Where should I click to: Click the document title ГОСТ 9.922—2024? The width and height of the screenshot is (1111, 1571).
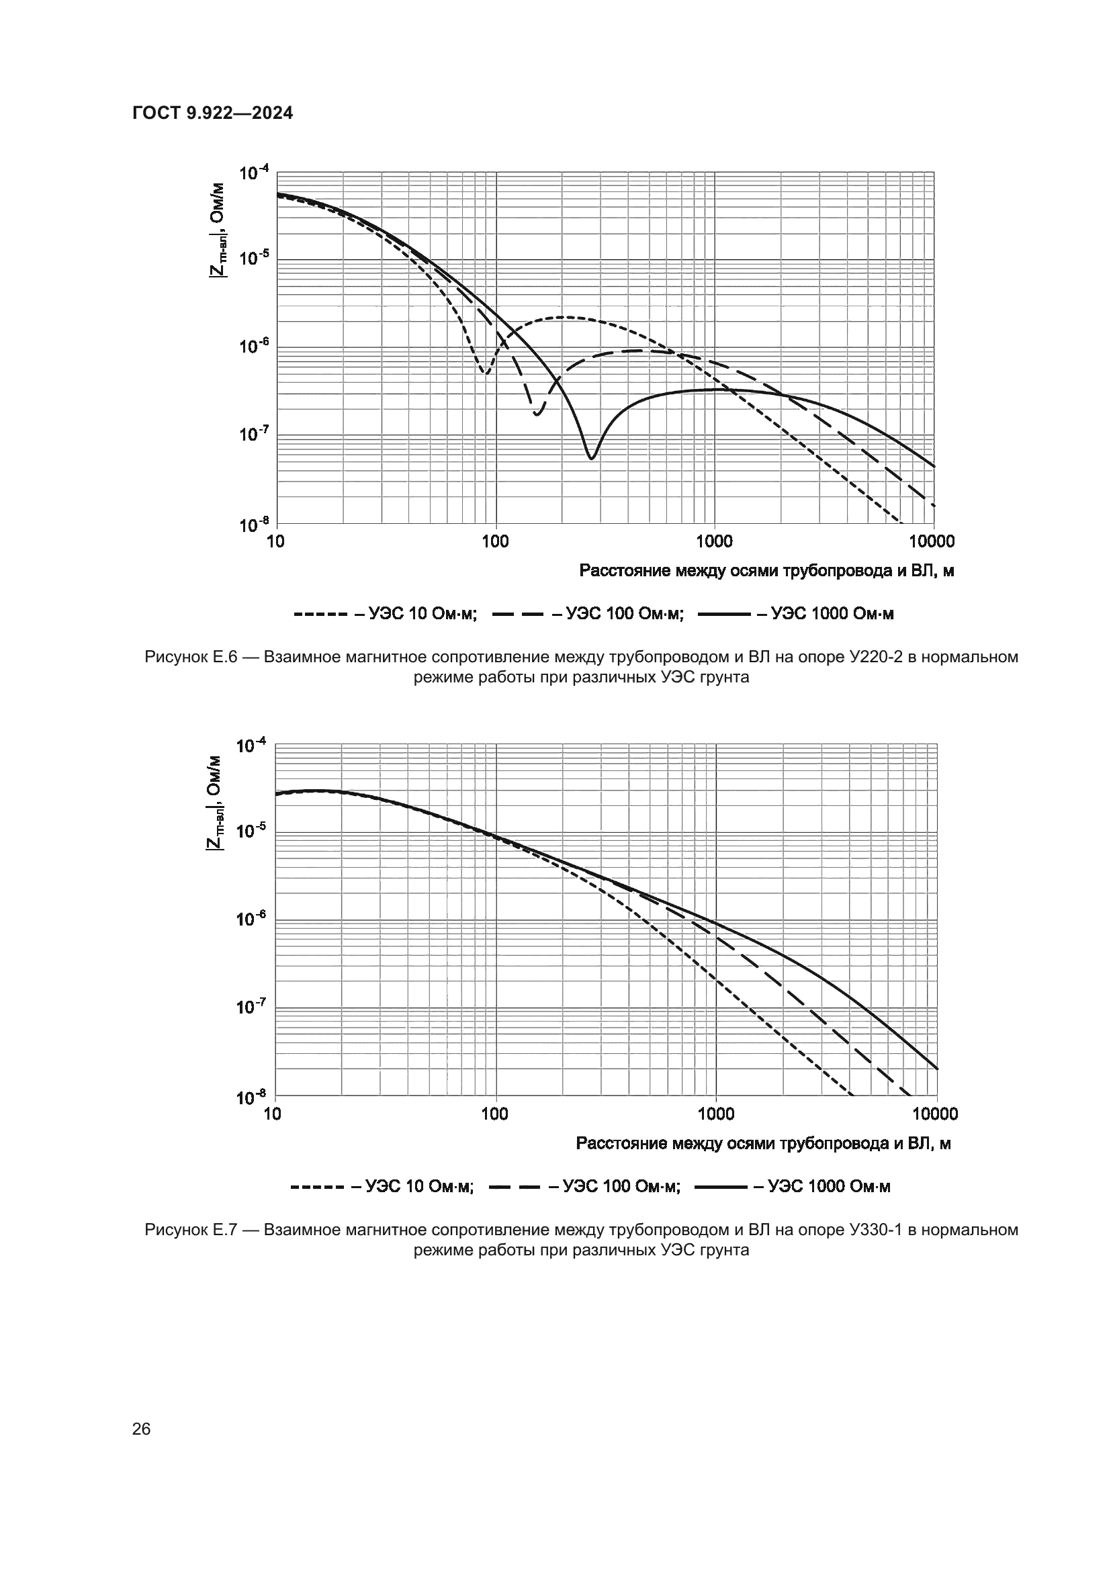coord(212,114)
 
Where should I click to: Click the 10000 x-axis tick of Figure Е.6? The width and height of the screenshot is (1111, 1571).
coord(933,542)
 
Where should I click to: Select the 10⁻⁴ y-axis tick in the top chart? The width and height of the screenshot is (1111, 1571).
coord(254,174)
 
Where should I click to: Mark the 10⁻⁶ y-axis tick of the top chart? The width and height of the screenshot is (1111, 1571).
coord(254,347)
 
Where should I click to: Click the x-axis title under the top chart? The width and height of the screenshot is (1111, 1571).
coord(766,572)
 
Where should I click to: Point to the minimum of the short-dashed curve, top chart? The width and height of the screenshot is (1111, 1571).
coord(486,373)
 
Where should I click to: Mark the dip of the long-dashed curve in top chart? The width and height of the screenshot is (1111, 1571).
coord(538,414)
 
